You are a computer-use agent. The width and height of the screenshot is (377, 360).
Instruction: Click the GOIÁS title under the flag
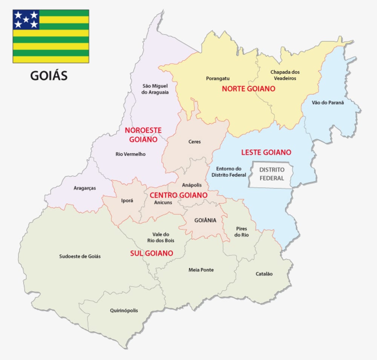(49, 76)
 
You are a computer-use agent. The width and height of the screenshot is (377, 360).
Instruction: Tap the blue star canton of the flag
(26, 20)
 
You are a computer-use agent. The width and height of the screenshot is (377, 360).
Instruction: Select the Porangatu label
(218, 78)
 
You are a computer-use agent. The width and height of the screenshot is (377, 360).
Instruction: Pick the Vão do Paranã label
(328, 103)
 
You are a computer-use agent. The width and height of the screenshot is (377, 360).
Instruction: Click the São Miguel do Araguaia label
(155, 89)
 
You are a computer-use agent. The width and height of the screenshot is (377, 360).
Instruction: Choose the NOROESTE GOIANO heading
(143, 135)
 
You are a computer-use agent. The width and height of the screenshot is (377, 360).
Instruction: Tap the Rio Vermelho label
(130, 154)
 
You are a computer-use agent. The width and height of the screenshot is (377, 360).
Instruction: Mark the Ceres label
(195, 142)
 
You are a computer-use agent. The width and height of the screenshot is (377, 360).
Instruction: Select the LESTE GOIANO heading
(266, 152)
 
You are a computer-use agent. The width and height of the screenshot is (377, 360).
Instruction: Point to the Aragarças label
(84, 188)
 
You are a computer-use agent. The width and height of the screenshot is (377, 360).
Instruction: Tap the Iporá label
(127, 201)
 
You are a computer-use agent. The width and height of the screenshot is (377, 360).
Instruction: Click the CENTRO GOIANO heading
(178, 195)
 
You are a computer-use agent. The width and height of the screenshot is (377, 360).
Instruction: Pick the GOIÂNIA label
(205, 220)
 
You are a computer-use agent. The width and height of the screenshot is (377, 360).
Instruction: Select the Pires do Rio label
(241, 231)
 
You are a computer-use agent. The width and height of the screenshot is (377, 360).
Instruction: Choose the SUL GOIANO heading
(152, 253)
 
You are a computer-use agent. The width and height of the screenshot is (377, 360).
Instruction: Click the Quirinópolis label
(124, 311)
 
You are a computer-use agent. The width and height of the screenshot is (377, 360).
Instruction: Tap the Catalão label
(264, 274)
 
